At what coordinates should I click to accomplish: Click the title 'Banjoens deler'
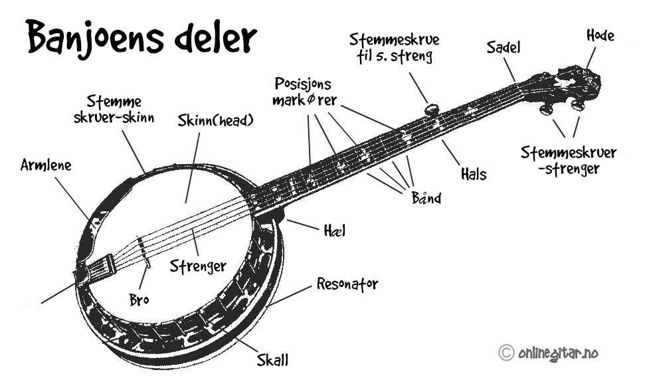[x=141, y=37]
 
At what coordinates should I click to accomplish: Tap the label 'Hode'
[x=600, y=36]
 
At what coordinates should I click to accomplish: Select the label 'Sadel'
[x=504, y=47]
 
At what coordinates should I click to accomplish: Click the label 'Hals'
[x=474, y=174]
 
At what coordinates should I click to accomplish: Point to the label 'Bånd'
[x=426, y=197]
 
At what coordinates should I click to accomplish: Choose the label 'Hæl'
[x=334, y=230]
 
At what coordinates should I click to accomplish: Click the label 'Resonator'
[x=347, y=284]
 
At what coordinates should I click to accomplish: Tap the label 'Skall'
[x=272, y=359]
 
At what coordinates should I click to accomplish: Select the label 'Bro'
[x=139, y=299]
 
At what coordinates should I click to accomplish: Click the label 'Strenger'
[x=198, y=266]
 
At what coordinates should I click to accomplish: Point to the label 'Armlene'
[x=46, y=165]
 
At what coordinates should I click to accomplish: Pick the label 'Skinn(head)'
[x=215, y=120]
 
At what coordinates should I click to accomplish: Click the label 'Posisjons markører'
[x=304, y=92]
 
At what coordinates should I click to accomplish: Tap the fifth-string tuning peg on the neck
[x=432, y=110]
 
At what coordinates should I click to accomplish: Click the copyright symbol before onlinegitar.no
[x=506, y=353]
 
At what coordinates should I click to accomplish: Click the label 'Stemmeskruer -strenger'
[x=569, y=161]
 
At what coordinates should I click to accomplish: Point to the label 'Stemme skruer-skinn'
[x=114, y=109]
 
